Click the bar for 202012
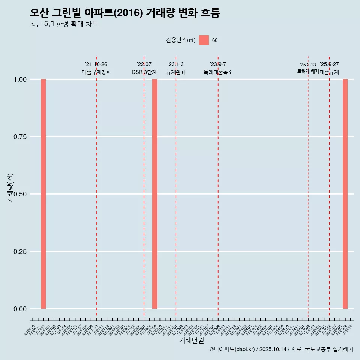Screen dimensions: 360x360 click(43, 194)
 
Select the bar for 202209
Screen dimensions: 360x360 click(154, 194)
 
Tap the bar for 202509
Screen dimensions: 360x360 click(345, 194)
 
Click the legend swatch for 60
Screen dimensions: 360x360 click(204, 40)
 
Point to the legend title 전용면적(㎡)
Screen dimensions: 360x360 click(181, 40)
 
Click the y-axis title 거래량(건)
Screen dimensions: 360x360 click(10, 188)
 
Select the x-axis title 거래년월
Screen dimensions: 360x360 click(192, 340)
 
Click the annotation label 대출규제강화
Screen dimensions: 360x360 click(96, 72)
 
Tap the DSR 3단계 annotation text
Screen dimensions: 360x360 click(144, 72)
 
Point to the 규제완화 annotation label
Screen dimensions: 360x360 click(176, 72)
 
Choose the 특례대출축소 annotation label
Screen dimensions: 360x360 click(218, 72)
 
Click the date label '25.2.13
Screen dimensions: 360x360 click(308, 64)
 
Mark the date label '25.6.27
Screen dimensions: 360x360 click(329, 64)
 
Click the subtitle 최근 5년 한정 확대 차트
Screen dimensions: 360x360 click(64, 24)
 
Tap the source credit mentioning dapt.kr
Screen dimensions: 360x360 click(281, 349)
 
